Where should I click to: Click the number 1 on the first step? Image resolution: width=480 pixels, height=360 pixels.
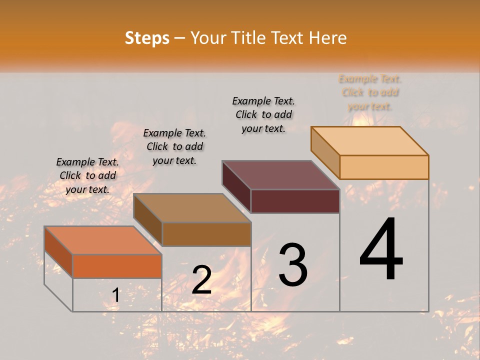(115, 295)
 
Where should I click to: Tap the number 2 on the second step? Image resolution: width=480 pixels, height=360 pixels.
(201, 280)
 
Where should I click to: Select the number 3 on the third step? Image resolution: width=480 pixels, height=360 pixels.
(292, 265)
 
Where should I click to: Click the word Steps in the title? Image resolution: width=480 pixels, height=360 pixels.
(147, 38)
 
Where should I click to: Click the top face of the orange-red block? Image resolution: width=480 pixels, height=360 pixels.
(103, 240)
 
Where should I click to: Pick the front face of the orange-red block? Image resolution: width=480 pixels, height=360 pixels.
(117, 266)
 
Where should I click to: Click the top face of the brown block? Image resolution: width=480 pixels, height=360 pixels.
(192, 208)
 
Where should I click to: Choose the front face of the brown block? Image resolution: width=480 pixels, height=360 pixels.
(206, 234)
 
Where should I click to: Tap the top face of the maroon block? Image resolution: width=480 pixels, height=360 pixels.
(281, 175)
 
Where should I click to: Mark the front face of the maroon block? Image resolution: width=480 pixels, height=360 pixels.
(295, 201)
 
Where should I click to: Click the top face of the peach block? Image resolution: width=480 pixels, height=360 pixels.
(370, 140)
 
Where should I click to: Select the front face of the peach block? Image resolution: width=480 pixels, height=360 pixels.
(384, 167)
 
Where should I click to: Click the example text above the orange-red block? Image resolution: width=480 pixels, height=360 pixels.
(87, 175)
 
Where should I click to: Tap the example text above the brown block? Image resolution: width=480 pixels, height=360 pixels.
(174, 146)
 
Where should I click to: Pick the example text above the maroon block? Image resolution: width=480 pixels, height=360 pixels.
(263, 114)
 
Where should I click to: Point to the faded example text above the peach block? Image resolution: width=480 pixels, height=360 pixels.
(370, 92)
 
